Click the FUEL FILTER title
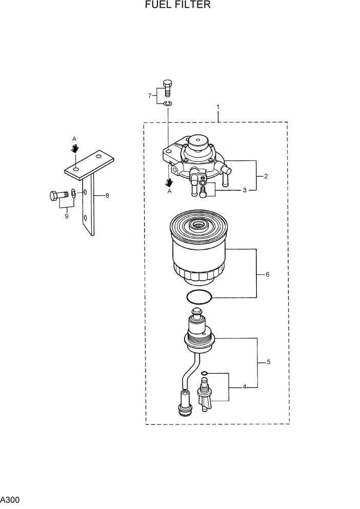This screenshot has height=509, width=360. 178,6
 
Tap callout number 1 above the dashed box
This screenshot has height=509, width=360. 218,107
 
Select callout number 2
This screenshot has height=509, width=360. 266,177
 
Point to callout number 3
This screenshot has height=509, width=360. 245,190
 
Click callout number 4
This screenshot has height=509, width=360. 245,387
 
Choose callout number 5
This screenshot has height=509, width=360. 268,362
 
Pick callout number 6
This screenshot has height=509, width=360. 267,275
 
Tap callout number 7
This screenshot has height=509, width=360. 150,95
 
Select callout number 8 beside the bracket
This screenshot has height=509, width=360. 107,195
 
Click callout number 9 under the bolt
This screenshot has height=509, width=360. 66,217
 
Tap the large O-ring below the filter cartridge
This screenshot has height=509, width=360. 199,297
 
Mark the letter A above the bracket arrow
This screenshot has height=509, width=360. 74,139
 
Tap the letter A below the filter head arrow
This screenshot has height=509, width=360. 169,192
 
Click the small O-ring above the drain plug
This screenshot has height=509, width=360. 204,373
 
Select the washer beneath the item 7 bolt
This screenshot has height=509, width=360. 168,104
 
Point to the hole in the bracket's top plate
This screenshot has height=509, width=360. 76,169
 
